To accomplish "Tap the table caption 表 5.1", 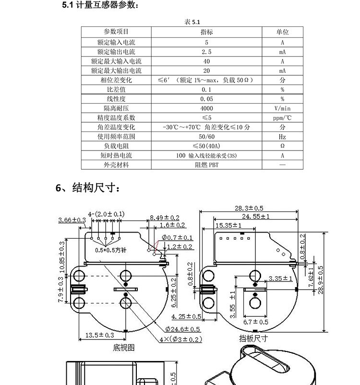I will (x=192, y=22).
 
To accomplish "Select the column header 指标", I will (x=206, y=32).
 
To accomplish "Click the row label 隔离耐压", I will (x=116, y=108).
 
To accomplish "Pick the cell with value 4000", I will (x=206, y=108).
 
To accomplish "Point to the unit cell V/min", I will (x=282, y=108).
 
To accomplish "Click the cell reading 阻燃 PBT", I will (x=206, y=165).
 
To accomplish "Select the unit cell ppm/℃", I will (x=282, y=118).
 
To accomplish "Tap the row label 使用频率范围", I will (x=116, y=137).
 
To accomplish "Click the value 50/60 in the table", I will (x=206, y=137).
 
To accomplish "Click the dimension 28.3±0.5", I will (x=249, y=208).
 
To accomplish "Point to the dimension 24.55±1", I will (x=255, y=216).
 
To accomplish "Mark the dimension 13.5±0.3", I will (x=99, y=335).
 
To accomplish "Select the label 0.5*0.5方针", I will (x=111, y=250).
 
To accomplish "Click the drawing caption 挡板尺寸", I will (x=253, y=338).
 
